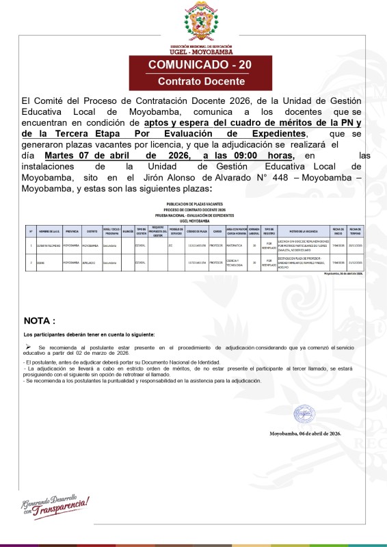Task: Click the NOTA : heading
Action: point(40,320)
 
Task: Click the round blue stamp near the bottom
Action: point(304,414)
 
